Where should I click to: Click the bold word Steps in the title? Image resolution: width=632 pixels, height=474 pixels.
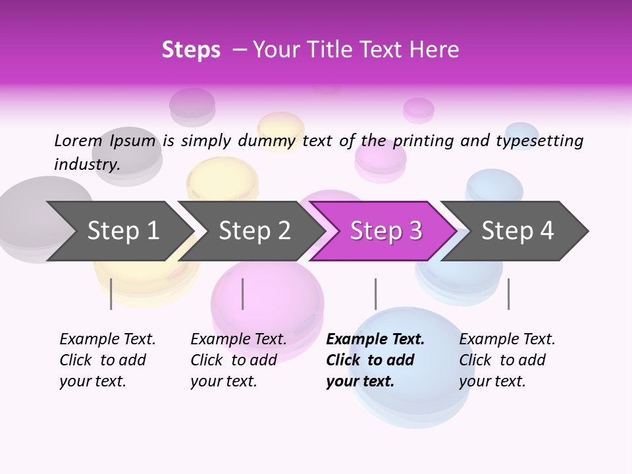coord(191,50)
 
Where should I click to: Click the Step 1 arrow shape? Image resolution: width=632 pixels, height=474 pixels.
coord(122,231)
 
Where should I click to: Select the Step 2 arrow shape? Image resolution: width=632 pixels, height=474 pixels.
coord(254,231)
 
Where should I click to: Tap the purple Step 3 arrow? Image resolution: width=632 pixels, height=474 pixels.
coord(386,231)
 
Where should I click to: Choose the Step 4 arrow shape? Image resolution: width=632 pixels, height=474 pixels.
coord(517,231)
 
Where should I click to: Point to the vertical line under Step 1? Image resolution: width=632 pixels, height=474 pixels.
coord(111,294)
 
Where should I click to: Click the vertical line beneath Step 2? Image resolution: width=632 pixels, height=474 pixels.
coord(243,294)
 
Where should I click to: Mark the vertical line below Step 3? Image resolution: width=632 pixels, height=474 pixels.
coord(375,294)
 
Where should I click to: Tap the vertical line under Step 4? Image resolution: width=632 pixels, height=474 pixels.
coord(508,294)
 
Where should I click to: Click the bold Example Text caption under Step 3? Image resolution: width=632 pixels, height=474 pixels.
coord(375,360)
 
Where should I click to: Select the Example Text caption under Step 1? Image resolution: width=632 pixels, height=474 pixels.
coord(107,360)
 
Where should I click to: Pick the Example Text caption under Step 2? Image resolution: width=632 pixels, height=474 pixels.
coord(238,360)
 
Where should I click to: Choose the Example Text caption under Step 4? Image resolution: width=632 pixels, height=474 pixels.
coord(507,360)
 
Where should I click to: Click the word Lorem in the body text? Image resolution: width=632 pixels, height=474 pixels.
coord(78,140)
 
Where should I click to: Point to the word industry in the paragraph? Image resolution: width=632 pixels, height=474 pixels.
coord(87,165)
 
